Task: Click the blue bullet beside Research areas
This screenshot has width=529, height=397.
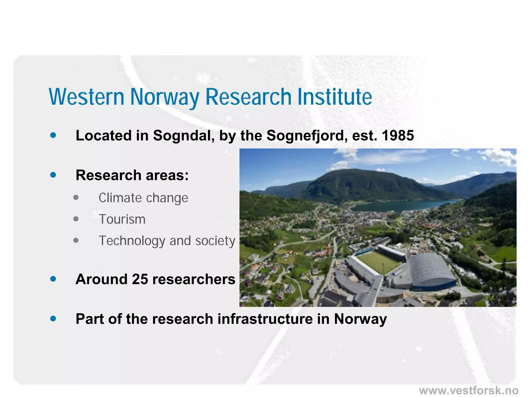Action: click(x=53, y=175)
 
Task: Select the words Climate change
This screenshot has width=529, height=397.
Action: click(x=143, y=198)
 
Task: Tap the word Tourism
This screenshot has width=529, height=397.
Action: click(x=122, y=219)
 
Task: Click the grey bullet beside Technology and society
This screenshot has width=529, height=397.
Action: click(x=76, y=240)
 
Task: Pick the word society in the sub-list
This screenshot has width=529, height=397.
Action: click(x=215, y=241)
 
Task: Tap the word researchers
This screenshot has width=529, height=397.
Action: click(x=194, y=279)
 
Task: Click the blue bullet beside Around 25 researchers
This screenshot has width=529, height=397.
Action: click(x=53, y=279)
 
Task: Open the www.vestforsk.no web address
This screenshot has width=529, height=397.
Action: click(x=469, y=390)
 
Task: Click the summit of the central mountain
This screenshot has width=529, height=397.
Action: click(x=354, y=171)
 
